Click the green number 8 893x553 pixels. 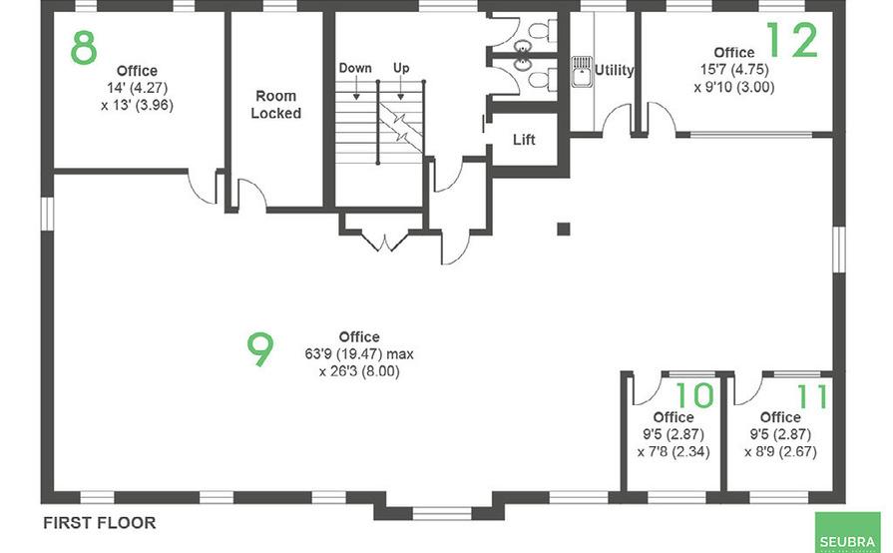84,47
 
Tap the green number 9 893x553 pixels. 259,348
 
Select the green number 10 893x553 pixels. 695,396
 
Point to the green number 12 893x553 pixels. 791,40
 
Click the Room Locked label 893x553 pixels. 275,105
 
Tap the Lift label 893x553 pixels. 524,140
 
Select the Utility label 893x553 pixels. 614,71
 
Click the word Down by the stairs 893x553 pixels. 355,69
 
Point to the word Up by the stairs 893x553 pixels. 401,69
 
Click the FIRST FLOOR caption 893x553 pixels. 99,522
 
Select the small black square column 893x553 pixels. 563,229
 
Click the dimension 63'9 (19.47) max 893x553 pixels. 358,354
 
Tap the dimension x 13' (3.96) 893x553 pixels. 137,104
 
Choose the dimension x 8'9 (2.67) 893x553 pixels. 780,451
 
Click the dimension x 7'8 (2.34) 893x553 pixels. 672,451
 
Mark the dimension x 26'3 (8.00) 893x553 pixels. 358,371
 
